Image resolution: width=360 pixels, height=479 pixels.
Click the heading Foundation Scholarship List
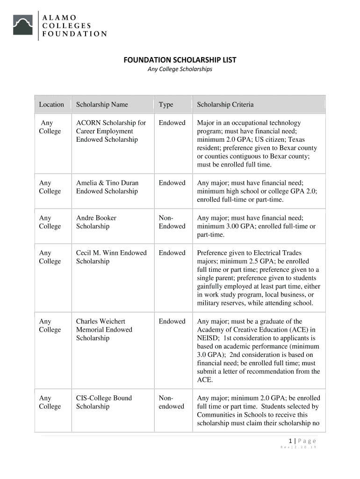click(x=180, y=60)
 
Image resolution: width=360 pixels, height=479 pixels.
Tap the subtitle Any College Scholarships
click(x=180, y=69)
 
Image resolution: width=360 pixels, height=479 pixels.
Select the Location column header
click(x=51, y=105)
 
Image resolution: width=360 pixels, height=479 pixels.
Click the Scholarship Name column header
click(x=102, y=105)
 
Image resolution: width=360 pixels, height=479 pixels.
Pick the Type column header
click(x=166, y=105)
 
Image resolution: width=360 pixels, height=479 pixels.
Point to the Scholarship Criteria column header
click(x=225, y=105)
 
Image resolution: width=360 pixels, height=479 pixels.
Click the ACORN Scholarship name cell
click(x=111, y=131)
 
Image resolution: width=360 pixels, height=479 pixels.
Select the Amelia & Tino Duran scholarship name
click(x=108, y=187)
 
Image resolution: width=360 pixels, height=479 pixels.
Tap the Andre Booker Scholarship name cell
click(x=96, y=222)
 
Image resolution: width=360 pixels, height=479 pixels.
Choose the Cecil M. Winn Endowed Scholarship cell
click(x=111, y=257)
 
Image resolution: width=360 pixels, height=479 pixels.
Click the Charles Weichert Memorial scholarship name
click(x=104, y=329)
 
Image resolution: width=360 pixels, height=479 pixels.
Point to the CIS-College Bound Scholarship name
click(x=104, y=402)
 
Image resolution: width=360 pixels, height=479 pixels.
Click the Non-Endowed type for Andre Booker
click(x=172, y=222)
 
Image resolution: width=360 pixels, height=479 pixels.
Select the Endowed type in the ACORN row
click(x=172, y=123)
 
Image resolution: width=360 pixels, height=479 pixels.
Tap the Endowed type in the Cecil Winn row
click(x=172, y=253)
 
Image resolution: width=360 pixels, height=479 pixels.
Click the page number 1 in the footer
click(x=290, y=441)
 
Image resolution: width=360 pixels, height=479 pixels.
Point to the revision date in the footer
click(x=298, y=448)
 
